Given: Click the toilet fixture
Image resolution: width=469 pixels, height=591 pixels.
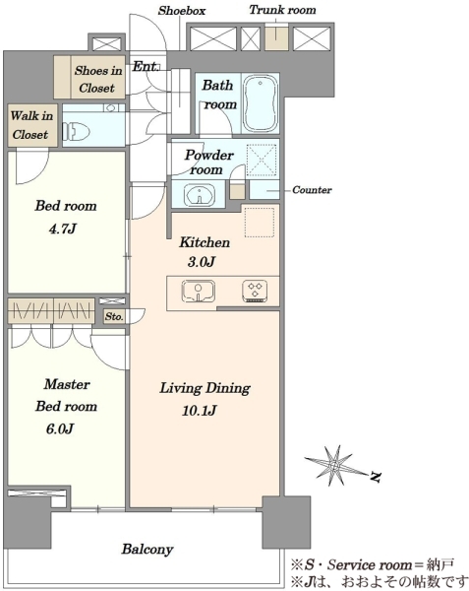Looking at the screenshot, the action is (77, 132).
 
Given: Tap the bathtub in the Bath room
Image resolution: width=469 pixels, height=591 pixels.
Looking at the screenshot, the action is (261, 102).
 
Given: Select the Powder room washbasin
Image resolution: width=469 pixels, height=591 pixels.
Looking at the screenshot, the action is (200, 194).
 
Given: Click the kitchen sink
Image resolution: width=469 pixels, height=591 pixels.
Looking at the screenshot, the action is (199, 291).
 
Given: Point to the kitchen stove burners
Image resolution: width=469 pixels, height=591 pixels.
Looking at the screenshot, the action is (255, 291).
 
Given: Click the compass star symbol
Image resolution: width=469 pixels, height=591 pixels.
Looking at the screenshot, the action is (332, 466).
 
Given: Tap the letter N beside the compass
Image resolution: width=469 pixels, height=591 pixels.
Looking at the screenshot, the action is (376, 477).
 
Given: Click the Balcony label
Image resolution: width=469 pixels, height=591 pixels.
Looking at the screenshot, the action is (147, 550).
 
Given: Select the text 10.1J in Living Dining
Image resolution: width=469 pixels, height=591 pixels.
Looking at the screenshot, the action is (199, 410).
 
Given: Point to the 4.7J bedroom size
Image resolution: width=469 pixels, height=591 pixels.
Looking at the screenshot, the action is (62, 229).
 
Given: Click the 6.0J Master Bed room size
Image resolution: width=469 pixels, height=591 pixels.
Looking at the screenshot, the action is (59, 428).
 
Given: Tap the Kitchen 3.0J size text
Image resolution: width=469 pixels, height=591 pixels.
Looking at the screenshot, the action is (201, 262).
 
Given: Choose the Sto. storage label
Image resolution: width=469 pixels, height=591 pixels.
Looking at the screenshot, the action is (114, 316).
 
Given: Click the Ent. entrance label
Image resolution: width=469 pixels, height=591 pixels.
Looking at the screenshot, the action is (146, 66).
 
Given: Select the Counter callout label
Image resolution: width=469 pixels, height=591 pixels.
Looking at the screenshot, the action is (312, 189).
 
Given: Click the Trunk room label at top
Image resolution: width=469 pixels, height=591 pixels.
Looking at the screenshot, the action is (282, 10).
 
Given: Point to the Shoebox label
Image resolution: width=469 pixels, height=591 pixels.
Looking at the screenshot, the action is (182, 10).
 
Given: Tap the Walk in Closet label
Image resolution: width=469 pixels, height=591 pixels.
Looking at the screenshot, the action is (30, 125).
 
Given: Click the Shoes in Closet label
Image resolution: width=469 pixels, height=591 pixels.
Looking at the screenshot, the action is (97, 79).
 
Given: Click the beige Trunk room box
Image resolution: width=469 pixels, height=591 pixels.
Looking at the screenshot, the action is (277, 37).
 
